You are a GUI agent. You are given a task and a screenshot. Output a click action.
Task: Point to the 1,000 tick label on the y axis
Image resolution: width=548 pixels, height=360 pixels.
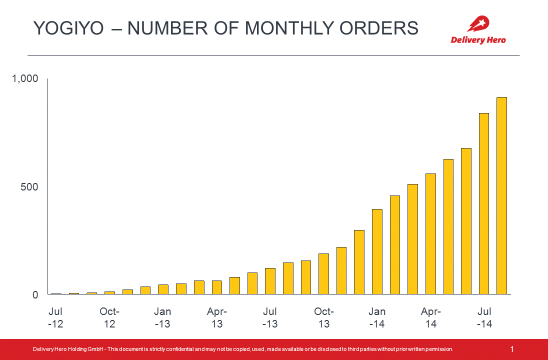[25, 79]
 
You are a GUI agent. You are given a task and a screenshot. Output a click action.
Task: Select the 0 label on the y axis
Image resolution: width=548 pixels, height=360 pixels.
[35, 295]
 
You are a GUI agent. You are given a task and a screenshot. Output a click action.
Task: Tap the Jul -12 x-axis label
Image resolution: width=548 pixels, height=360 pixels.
[55, 318]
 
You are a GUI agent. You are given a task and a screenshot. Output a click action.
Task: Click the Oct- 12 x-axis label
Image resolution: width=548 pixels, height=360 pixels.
[109, 318]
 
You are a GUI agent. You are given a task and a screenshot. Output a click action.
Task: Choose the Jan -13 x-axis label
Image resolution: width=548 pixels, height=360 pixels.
[162, 318]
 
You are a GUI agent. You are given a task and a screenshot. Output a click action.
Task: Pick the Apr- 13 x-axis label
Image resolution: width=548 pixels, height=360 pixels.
[216, 318]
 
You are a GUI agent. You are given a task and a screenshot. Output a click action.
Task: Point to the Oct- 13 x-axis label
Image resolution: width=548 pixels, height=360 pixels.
[324, 318]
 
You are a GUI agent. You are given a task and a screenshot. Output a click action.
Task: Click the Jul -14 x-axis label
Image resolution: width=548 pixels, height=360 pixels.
[484, 318]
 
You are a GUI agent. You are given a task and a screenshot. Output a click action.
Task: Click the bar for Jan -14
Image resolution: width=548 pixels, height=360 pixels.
[377, 252]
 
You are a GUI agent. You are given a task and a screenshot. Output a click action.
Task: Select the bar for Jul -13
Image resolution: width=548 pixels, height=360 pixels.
[270, 281]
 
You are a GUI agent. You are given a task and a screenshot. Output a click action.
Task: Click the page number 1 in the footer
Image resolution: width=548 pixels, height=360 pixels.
[512, 349]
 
